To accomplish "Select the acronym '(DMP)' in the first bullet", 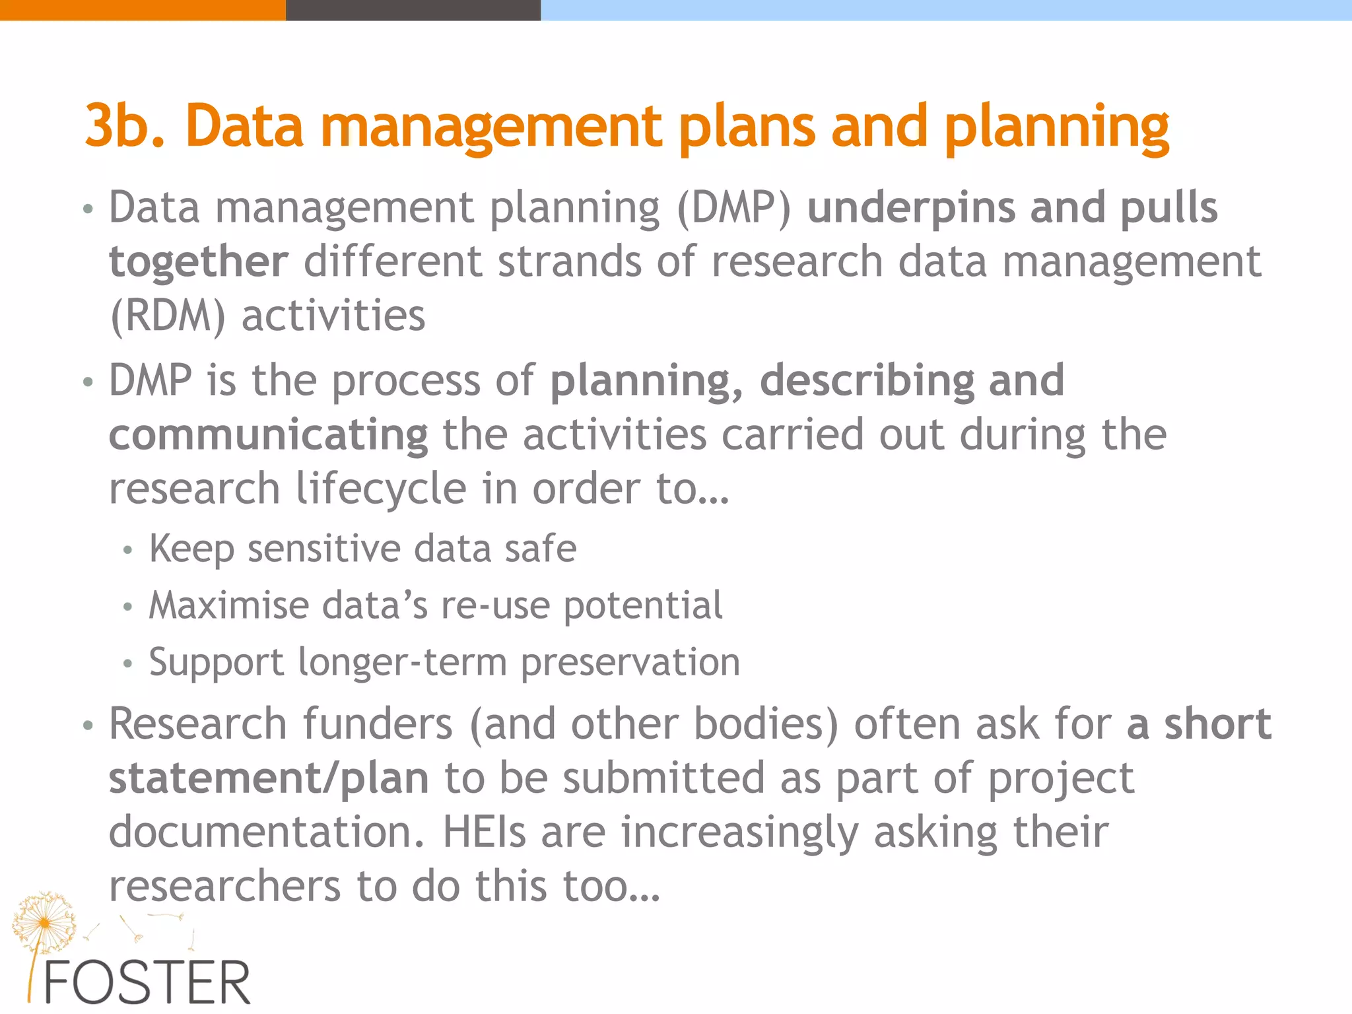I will point(733,208).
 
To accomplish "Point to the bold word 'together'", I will point(198,262).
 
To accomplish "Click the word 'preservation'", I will point(630,662).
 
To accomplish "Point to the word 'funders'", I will point(378,724).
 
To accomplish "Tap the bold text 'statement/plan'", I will point(268,778).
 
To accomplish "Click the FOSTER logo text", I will point(147,982).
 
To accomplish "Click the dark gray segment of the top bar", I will point(413,10).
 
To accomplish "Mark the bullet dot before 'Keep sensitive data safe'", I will point(128,550).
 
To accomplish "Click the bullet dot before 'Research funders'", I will point(88,726).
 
